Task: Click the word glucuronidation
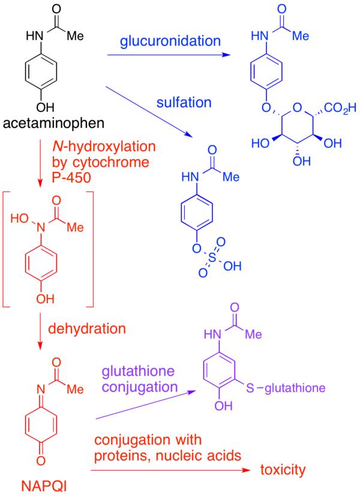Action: (x=170, y=41)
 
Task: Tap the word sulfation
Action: (x=184, y=103)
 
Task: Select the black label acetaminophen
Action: (x=54, y=123)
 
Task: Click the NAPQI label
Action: (x=44, y=486)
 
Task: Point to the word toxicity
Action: (x=283, y=470)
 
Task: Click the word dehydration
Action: (x=87, y=328)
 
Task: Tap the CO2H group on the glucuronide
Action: (x=340, y=109)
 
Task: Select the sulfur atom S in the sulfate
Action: (x=212, y=258)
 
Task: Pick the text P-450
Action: (x=71, y=178)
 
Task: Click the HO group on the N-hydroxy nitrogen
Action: (x=20, y=218)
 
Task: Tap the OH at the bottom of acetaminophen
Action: (x=45, y=107)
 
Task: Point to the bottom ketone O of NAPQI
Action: (x=41, y=461)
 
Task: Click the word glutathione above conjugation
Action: (x=138, y=371)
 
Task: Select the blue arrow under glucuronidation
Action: (x=169, y=55)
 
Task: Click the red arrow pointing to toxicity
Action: (x=170, y=470)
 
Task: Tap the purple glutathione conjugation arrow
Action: (x=145, y=405)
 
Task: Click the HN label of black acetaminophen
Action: (x=35, y=37)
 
